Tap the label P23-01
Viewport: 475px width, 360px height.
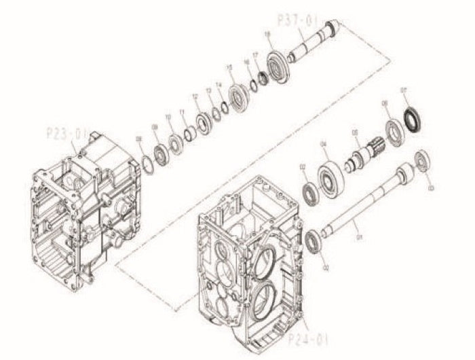pyautogui.click(x=65, y=134)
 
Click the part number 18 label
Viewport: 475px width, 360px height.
pyautogui.click(x=267, y=33)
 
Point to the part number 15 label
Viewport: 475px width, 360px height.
pyautogui.click(x=230, y=67)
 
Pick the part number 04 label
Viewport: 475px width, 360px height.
pyautogui.click(x=323, y=143)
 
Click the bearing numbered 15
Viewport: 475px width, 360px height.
pyautogui.click(x=238, y=95)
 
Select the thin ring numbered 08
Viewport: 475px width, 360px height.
pyautogui.click(x=147, y=164)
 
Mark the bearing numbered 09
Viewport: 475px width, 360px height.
pyautogui.click(x=161, y=152)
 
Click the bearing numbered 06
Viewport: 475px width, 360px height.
pyautogui.click(x=394, y=129)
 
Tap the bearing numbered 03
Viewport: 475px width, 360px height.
pyautogui.click(x=421, y=160)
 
